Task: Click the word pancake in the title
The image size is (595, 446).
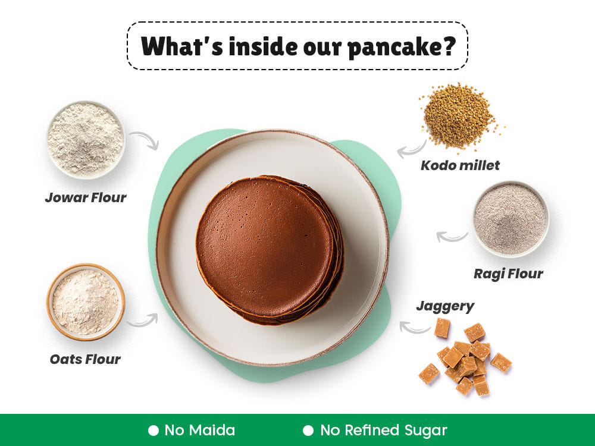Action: pos(401,48)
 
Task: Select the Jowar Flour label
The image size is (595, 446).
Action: pos(85,197)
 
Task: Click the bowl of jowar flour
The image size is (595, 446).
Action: pos(86,139)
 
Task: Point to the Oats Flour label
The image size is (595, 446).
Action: pos(85,359)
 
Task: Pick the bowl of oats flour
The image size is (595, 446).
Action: pos(86,302)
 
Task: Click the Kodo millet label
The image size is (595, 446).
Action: pos(460,165)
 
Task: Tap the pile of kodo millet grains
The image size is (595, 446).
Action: pos(460,116)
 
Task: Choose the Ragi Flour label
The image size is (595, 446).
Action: pos(508,274)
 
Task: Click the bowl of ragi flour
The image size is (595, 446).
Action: pos(511,219)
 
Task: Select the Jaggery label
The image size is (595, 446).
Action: pos(445,306)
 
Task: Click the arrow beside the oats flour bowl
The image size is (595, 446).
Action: pos(143,321)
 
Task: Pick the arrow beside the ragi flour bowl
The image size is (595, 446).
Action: pos(452,237)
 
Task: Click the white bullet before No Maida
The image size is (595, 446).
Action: pos(154,431)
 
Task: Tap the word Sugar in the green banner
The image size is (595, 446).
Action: pos(425,431)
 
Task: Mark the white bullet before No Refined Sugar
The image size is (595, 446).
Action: pos(308,431)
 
